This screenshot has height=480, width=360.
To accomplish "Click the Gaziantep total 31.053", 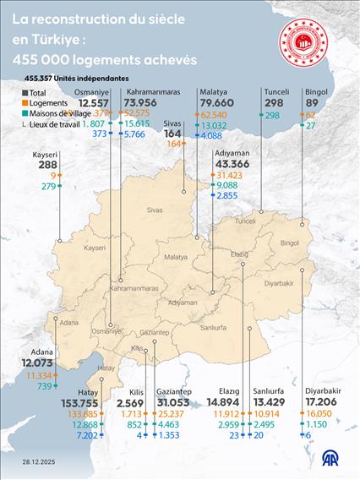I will (x=177, y=403).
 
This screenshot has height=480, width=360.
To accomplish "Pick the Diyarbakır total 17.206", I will (x=323, y=403).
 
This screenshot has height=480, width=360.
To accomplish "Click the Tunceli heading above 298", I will (x=276, y=91).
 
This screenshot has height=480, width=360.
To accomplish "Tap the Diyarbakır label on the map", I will (x=277, y=283).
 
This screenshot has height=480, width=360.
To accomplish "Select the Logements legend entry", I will (x=48, y=103).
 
